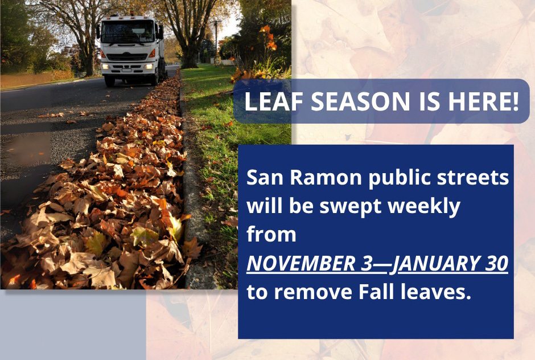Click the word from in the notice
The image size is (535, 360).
coord(271,234)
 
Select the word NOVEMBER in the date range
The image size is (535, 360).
coord(301,263)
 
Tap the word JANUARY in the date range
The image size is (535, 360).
coord(435,264)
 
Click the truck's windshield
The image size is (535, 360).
coord(128,32)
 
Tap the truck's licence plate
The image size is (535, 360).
coord(126,71)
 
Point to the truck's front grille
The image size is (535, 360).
coord(127,57)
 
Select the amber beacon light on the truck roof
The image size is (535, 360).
coord(111,14)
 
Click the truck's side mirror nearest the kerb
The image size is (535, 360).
coord(160,32)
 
